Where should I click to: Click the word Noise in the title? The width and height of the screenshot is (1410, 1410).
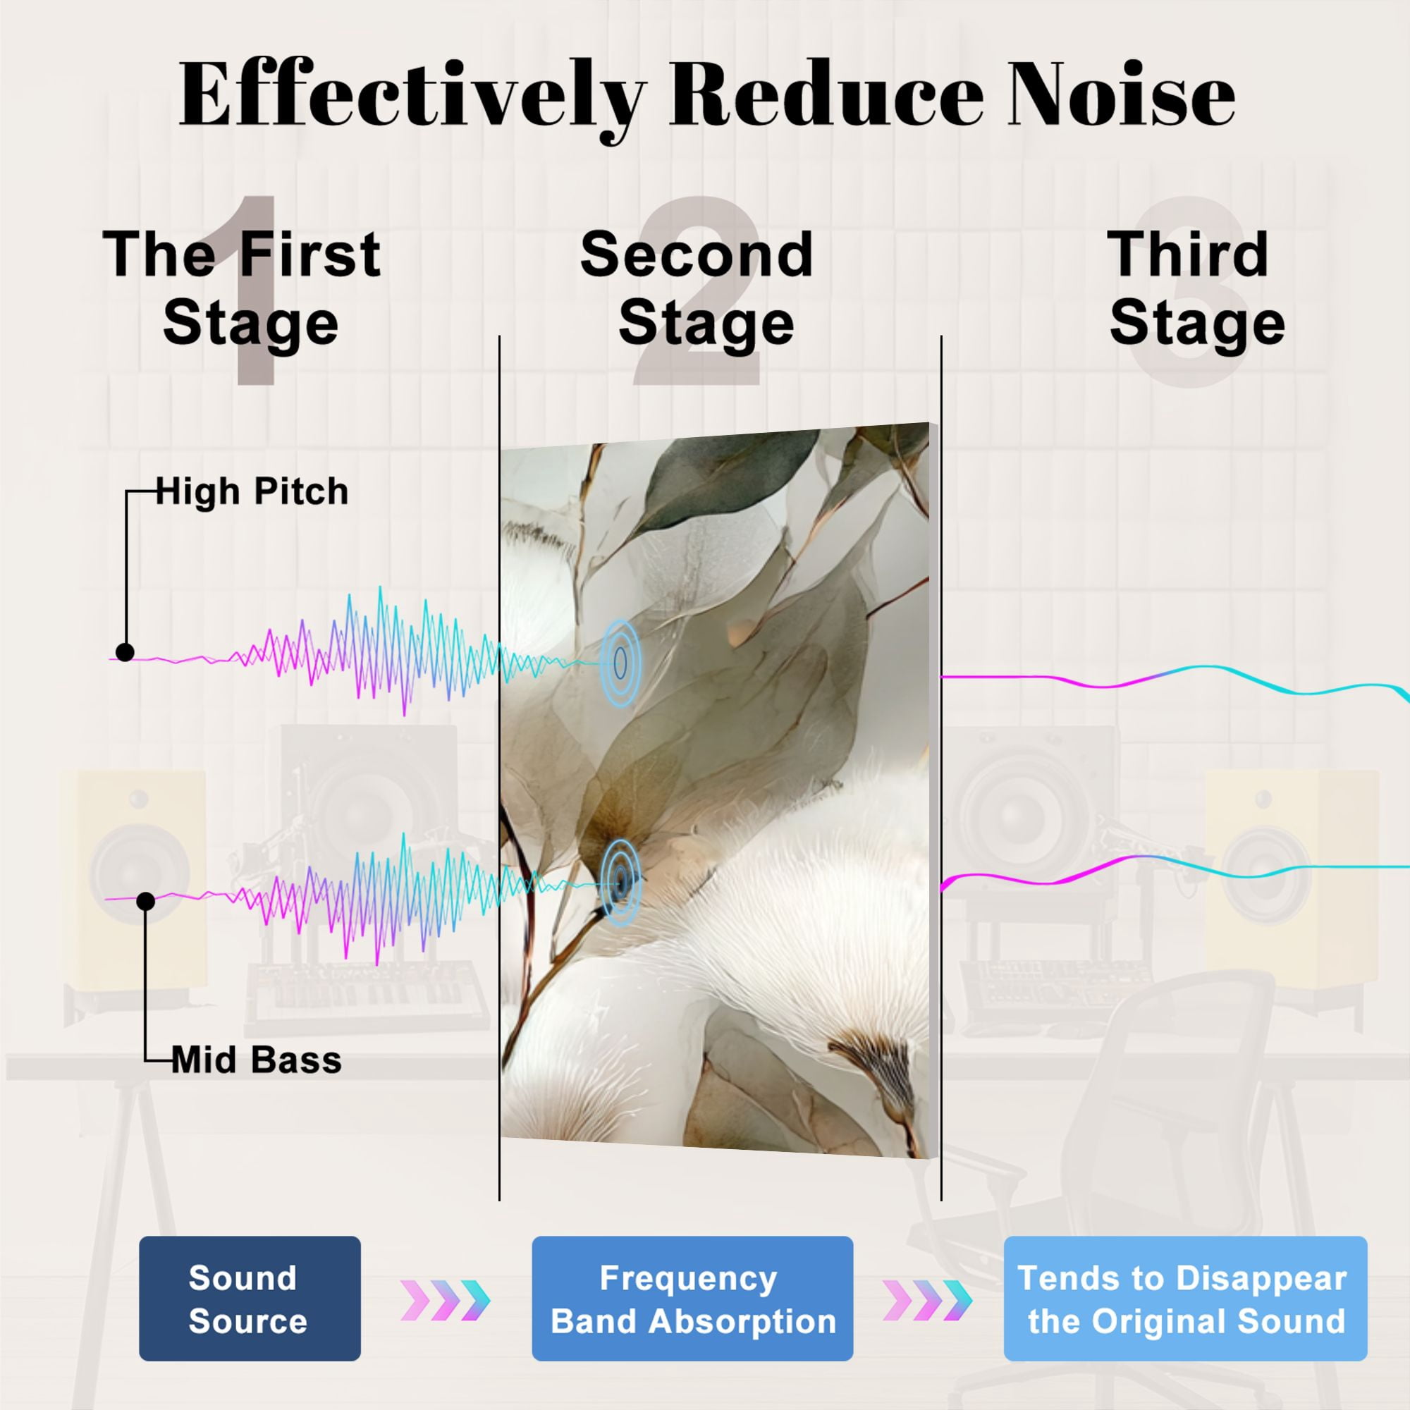[x=1121, y=95]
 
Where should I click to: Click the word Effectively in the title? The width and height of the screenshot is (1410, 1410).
[x=412, y=99]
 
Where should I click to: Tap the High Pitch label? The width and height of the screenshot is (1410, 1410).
[x=252, y=492]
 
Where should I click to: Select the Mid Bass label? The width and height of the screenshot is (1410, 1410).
[x=257, y=1060]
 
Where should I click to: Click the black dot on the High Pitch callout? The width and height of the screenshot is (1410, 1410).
[x=125, y=652]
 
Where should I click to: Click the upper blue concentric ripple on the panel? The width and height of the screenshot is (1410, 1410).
[x=620, y=663]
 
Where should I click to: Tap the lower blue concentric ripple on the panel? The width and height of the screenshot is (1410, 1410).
[x=620, y=883]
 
